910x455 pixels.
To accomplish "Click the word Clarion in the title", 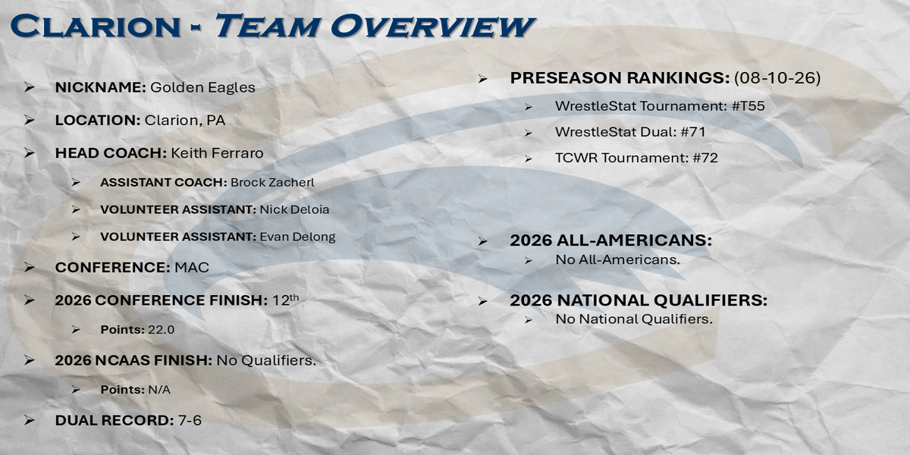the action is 96,26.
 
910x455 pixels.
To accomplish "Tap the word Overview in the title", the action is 433,26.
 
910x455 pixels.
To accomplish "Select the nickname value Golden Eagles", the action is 202,87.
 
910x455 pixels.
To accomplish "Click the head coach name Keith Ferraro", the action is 217,153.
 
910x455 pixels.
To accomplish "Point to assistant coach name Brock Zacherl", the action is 272,183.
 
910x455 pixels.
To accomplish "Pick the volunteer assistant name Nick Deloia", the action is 294,209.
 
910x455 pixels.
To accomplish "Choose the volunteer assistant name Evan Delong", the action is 297,237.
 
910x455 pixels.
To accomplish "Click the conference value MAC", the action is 192,267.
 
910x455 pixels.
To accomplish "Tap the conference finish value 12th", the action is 286,300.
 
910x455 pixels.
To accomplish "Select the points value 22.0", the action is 162,329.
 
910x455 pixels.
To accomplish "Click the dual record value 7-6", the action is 190,420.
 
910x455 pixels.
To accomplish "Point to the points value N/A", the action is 159,390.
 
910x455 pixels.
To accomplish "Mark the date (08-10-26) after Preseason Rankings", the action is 777,77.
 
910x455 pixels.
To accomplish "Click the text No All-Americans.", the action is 617,259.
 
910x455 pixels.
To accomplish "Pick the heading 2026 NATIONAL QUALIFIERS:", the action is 639,300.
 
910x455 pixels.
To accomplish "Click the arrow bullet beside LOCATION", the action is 30,121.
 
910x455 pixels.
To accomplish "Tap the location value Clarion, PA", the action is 185,121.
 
